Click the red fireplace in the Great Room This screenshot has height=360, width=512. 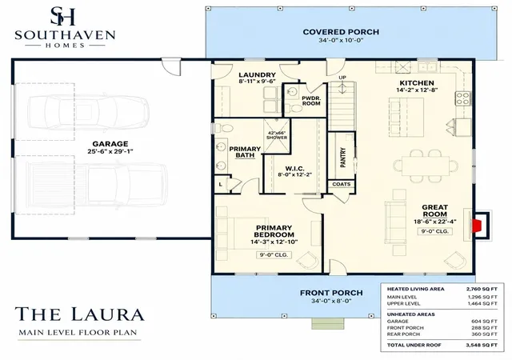(477, 226)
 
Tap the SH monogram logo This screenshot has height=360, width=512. (63, 16)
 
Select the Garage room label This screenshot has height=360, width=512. (110, 144)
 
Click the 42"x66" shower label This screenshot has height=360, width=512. (277, 135)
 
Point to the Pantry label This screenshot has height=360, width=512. (343, 158)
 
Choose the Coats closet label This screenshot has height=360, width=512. (342, 184)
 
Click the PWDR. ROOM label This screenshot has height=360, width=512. (311, 101)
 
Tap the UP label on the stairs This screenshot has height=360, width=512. (342, 78)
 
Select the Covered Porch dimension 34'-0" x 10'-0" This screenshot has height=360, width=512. (341, 41)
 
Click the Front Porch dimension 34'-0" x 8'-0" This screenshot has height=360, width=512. (331, 301)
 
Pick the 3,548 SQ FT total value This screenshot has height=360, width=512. (482, 345)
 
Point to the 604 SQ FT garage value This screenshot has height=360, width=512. (484, 322)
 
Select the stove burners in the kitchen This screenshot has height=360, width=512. (462, 98)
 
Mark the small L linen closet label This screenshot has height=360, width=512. (221, 185)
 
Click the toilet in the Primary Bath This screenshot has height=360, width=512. (223, 128)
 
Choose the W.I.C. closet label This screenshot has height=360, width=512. (294, 169)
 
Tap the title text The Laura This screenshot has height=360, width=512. (79, 314)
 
